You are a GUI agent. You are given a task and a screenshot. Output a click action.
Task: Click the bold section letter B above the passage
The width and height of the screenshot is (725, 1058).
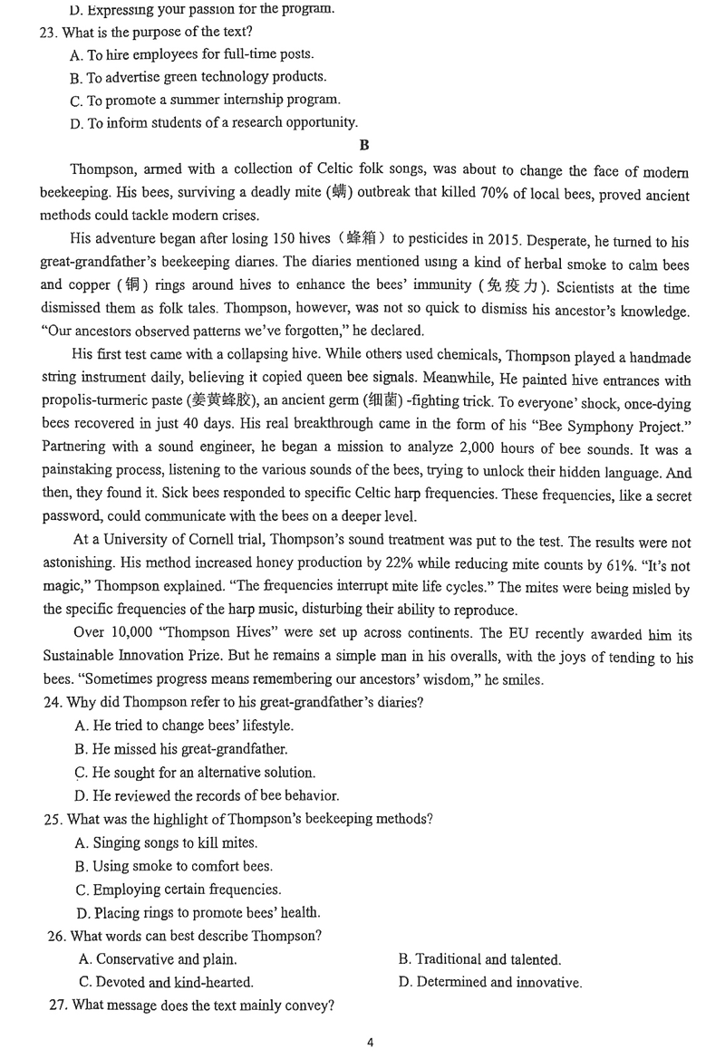click(363, 145)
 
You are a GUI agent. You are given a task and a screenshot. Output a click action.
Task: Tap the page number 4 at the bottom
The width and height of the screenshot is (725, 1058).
click(371, 1042)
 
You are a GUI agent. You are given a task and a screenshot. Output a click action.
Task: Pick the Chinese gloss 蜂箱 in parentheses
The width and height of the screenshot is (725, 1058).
click(363, 241)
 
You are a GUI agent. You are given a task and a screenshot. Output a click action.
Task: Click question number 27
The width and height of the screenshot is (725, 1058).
click(55, 1005)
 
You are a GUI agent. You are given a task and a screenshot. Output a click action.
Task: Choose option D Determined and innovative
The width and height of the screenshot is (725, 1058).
click(489, 983)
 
